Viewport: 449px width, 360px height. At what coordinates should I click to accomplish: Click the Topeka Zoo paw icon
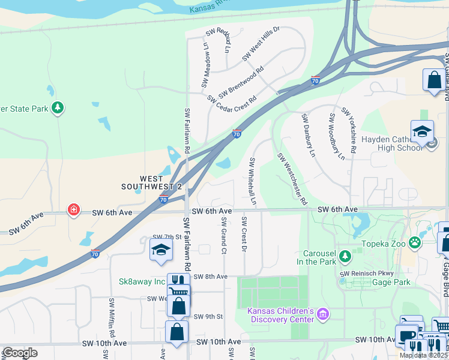(x=415, y=242)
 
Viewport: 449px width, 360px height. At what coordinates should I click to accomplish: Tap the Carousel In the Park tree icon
(x=345, y=257)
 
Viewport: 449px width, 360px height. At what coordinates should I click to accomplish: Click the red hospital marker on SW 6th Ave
(x=73, y=210)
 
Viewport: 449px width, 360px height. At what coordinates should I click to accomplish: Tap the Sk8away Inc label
(x=142, y=281)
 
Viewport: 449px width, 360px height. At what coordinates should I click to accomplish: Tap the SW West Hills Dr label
(x=261, y=43)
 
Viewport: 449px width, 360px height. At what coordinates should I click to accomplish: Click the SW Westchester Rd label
(x=292, y=178)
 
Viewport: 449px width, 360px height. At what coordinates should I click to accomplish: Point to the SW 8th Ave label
(x=210, y=277)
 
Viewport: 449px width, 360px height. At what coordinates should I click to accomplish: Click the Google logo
(x=19, y=353)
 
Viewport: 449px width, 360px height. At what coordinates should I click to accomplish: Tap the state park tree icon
(x=58, y=108)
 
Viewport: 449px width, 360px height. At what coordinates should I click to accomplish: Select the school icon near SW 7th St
(x=161, y=250)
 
